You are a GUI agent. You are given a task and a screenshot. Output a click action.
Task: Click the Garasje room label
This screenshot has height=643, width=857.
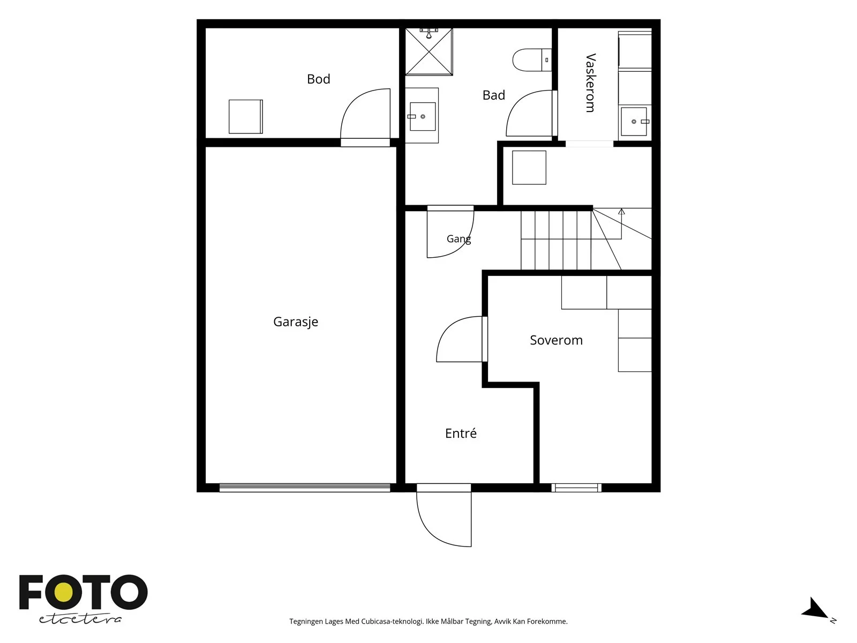(x=296, y=322)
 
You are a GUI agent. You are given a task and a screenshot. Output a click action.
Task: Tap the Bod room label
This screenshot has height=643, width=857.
(x=319, y=79)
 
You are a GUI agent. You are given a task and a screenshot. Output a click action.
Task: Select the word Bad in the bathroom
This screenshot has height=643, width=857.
(x=493, y=95)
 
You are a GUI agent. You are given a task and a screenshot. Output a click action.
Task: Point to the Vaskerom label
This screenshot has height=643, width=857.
(x=590, y=83)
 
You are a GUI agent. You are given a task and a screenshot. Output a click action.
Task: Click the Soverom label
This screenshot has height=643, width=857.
(x=556, y=340)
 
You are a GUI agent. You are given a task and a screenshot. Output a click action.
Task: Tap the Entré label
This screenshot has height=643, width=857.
(x=461, y=433)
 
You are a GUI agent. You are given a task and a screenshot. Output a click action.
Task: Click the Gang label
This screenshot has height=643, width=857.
(x=458, y=238)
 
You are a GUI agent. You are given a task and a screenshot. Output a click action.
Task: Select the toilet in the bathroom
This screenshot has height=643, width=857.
(x=532, y=59)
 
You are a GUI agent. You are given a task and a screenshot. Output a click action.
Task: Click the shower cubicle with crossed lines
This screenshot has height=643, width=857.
(x=428, y=51)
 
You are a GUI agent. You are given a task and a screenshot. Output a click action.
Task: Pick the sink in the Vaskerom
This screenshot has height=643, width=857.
(x=635, y=122)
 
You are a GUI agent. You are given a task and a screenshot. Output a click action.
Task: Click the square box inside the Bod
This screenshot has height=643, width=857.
(x=245, y=116)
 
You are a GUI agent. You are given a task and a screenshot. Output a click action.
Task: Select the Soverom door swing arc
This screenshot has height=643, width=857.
(x=449, y=328)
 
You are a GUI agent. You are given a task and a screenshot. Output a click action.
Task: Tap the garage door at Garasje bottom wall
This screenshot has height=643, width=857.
(x=305, y=488)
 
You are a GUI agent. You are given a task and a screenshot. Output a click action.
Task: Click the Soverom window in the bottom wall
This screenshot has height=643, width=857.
(x=576, y=488)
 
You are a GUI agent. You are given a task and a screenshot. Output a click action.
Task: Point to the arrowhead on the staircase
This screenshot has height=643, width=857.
(x=621, y=212)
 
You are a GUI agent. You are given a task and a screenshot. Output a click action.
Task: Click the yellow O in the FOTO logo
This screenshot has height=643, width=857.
(x=64, y=593)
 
